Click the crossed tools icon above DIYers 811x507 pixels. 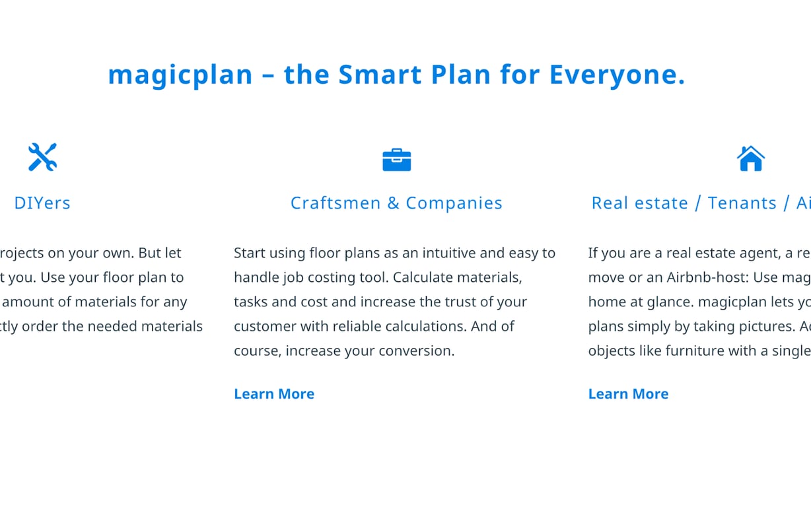coord(42,157)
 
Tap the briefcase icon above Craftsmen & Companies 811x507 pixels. coord(396,160)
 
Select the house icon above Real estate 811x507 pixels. coord(750,158)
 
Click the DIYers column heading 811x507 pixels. coord(42,203)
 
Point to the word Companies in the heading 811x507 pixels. coord(454,203)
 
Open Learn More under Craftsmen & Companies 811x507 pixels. coord(274,393)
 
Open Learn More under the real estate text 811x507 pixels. coord(628,393)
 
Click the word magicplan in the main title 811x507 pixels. coord(180,75)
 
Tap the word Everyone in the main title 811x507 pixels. coord(616,75)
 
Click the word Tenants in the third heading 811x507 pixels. coord(742,203)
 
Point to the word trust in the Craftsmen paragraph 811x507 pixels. coord(466,302)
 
